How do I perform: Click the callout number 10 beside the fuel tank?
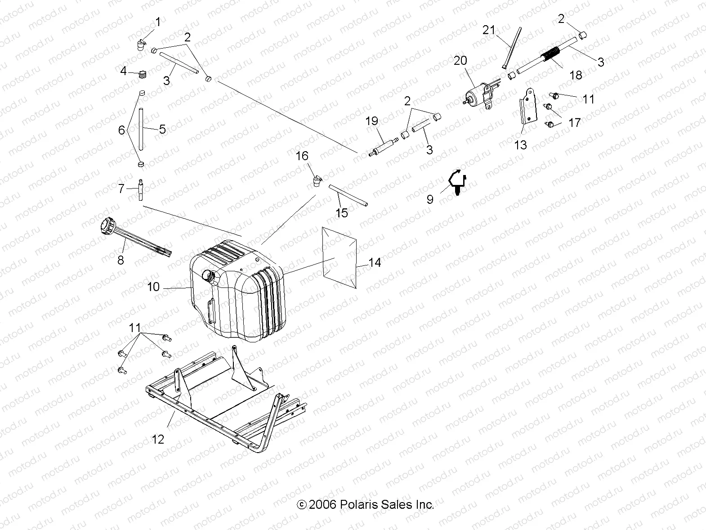point(153,287)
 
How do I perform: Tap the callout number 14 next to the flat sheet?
point(375,263)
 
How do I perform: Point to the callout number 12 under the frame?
point(158,439)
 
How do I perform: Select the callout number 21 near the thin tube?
point(489,30)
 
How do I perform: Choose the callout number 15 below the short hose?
point(342,213)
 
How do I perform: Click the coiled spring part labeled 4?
point(143,74)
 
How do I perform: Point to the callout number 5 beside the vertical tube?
point(162,130)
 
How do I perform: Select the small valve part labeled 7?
point(141,189)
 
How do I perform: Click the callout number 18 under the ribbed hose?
point(576,75)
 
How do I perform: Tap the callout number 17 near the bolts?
point(574,122)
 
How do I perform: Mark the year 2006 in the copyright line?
point(322,504)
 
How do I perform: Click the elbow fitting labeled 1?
point(141,44)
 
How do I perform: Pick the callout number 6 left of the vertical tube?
point(121,130)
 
